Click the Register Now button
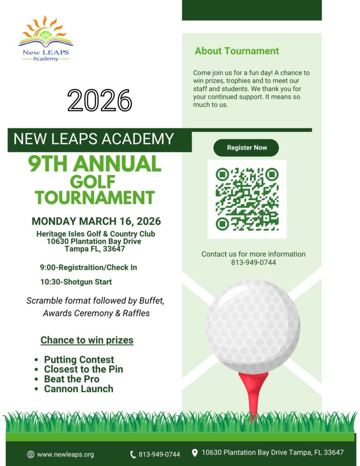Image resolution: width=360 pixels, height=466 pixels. (246, 148)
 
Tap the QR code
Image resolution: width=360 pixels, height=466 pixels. (247, 198)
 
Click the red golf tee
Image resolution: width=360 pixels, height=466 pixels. (253, 391)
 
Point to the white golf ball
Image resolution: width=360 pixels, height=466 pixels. (253, 326)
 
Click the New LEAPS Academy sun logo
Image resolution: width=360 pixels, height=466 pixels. (46, 39)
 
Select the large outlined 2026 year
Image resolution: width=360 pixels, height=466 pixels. (100, 100)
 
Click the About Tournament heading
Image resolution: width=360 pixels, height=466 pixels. (237, 51)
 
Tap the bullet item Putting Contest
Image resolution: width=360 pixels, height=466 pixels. (79, 360)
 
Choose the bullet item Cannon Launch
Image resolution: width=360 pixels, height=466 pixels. (78, 389)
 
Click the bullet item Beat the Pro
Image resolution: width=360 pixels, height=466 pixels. (71, 379)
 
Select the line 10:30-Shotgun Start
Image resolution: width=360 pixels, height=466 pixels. (76, 282)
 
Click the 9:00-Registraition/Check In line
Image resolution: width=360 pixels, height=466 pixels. (88, 267)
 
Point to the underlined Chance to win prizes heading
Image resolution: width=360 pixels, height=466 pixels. (87, 340)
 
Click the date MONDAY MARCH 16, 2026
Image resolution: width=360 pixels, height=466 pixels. (96, 222)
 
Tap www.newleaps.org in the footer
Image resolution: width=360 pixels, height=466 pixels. (66, 454)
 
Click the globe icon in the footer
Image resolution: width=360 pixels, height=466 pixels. (31, 454)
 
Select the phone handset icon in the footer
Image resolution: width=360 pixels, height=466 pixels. (133, 454)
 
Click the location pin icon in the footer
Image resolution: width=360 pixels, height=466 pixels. (195, 453)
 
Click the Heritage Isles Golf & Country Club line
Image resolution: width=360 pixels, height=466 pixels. (96, 234)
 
